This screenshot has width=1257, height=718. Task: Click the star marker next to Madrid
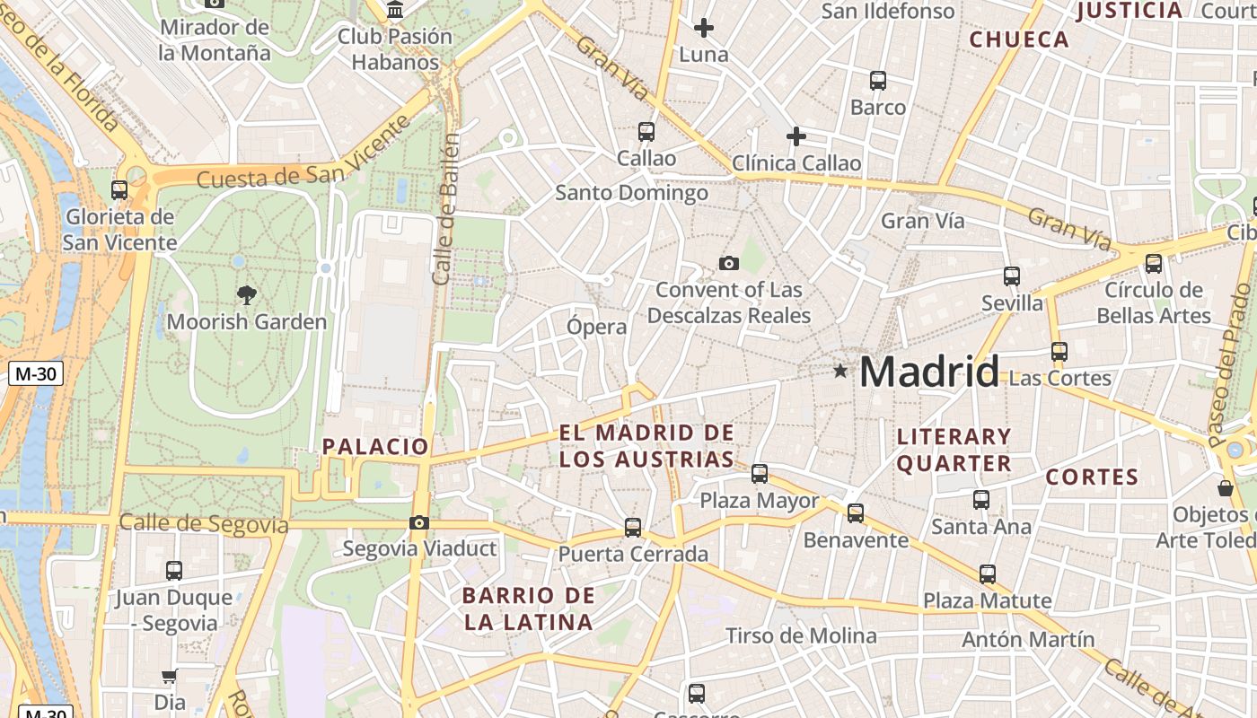pyautogui.click(x=839, y=370)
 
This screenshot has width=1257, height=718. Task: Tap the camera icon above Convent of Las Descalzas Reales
pyautogui.click(x=729, y=263)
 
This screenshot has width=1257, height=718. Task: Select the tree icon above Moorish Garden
pyautogui.click(x=246, y=293)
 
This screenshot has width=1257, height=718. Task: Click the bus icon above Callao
pyautogui.click(x=646, y=132)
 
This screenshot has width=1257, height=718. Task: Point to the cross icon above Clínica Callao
pyautogui.click(x=796, y=136)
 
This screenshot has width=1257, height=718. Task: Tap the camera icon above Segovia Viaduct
pyautogui.click(x=418, y=522)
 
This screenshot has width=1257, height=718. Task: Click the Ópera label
pyautogui.click(x=596, y=327)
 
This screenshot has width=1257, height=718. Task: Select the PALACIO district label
pyautogui.click(x=375, y=446)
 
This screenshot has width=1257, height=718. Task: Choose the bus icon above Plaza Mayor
pyautogui.click(x=760, y=473)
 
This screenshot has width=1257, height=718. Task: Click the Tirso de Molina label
pyautogui.click(x=801, y=636)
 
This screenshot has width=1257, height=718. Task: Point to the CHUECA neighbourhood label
pyautogui.click(x=1019, y=39)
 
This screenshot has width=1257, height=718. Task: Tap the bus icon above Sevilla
pyautogui.click(x=1012, y=276)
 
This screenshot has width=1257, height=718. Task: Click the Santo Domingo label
pyautogui.click(x=631, y=193)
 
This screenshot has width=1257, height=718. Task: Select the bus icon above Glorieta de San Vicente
pyautogui.click(x=119, y=189)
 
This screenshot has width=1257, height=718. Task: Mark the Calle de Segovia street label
pyautogui.click(x=204, y=523)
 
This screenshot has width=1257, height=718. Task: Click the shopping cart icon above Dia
pyautogui.click(x=169, y=676)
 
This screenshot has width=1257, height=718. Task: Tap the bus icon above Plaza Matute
pyautogui.click(x=988, y=574)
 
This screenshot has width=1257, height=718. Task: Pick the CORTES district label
pyautogui.click(x=1092, y=477)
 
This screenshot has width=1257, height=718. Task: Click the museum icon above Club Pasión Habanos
pyautogui.click(x=395, y=11)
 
